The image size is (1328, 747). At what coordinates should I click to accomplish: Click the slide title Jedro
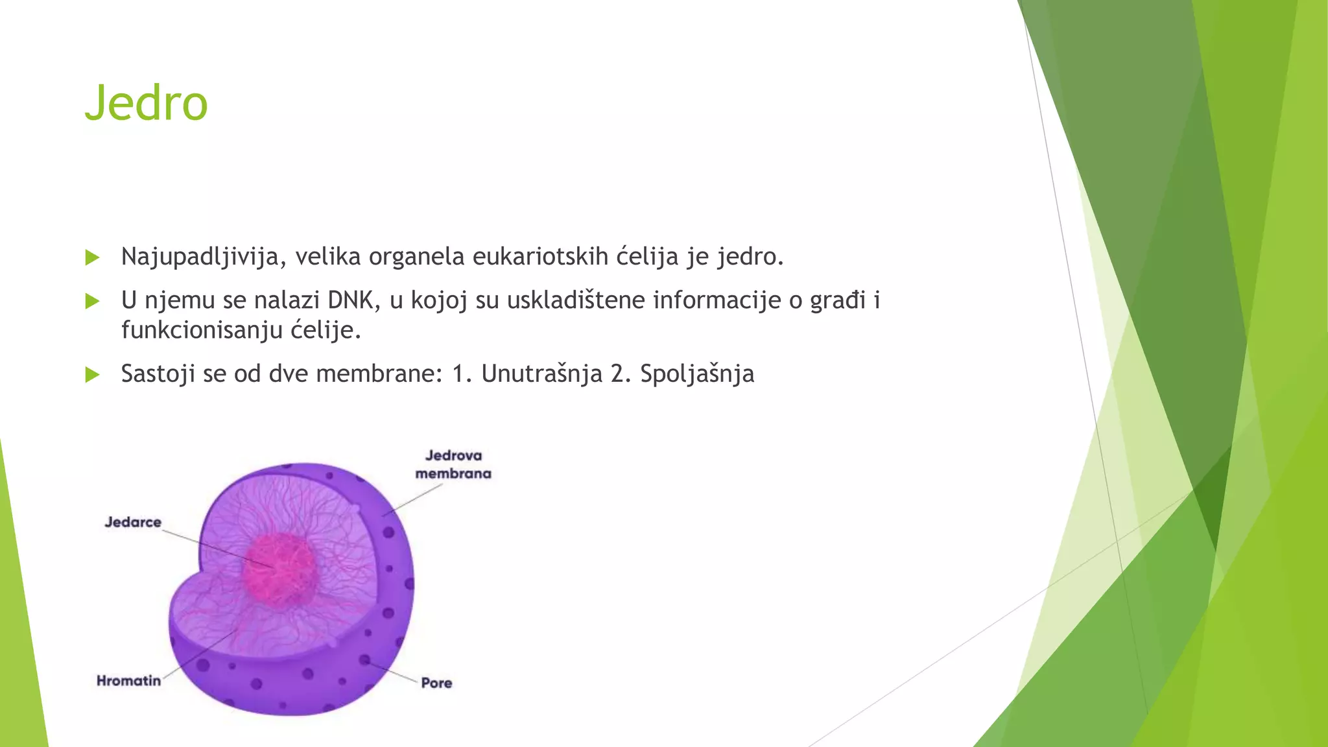pos(146,104)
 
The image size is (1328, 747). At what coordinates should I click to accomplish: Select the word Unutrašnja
pos(541,374)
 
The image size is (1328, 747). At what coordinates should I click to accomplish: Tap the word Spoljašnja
pos(697,374)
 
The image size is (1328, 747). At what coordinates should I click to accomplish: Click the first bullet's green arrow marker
pos(92,258)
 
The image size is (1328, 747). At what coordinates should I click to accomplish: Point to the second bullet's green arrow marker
pos(92,302)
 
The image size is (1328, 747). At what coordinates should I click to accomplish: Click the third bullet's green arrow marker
pos(92,375)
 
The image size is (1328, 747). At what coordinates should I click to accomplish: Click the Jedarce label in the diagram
pos(133,523)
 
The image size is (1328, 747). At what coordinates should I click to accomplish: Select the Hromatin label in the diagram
pos(128,681)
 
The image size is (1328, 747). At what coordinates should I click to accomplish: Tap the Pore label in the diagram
pos(436,683)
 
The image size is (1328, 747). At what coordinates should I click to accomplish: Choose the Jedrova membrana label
pos(453,464)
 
